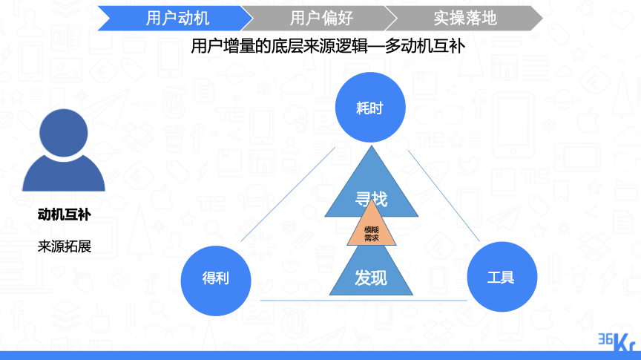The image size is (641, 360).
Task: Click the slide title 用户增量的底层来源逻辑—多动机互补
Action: click(x=328, y=46)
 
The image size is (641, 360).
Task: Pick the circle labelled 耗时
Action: click(x=370, y=107)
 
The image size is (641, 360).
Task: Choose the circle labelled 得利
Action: click(x=216, y=281)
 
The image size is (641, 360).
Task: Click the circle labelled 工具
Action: click(x=502, y=277)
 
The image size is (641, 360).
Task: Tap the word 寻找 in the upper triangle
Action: click(x=371, y=199)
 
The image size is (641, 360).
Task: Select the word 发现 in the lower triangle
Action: click(x=371, y=278)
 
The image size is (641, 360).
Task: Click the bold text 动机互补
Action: click(x=65, y=215)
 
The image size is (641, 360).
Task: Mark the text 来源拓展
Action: click(x=65, y=246)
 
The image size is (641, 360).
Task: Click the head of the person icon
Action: click(x=63, y=133)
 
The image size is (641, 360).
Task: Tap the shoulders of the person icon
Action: click(x=63, y=176)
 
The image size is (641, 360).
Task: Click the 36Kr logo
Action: click(x=617, y=342)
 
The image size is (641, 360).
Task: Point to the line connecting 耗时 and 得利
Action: click(x=288, y=194)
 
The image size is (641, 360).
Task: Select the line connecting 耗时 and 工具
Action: click(x=444, y=195)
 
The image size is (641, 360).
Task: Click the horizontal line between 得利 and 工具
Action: click(x=364, y=301)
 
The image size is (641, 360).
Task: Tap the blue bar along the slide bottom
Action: click(x=320, y=356)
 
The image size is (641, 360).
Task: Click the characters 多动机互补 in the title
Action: click(x=425, y=46)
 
